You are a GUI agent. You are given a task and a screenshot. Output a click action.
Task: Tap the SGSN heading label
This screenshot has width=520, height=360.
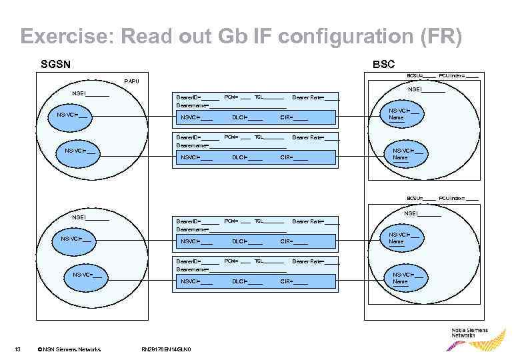pyautogui.click(x=56, y=65)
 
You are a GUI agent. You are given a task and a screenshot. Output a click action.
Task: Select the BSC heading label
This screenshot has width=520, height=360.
pyautogui.click(x=383, y=65)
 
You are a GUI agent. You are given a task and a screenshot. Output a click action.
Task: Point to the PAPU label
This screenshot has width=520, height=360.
pyautogui.click(x=132, y=82)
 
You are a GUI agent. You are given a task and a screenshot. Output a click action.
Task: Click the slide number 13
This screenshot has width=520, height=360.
pyautogui.click(x=18, y=349)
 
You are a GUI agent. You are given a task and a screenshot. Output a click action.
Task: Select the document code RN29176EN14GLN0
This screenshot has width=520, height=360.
pyautogui.click(x=167, y=349)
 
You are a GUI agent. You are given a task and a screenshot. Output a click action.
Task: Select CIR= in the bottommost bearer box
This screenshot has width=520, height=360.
pyautogui.click(x=287, y=282)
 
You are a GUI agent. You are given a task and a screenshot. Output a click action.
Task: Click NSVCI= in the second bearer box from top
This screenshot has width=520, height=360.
pyautogui.click(x=191, y=157)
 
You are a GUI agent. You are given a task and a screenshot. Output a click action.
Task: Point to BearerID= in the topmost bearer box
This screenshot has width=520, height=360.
pyautogui.click(x=189, y=97)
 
